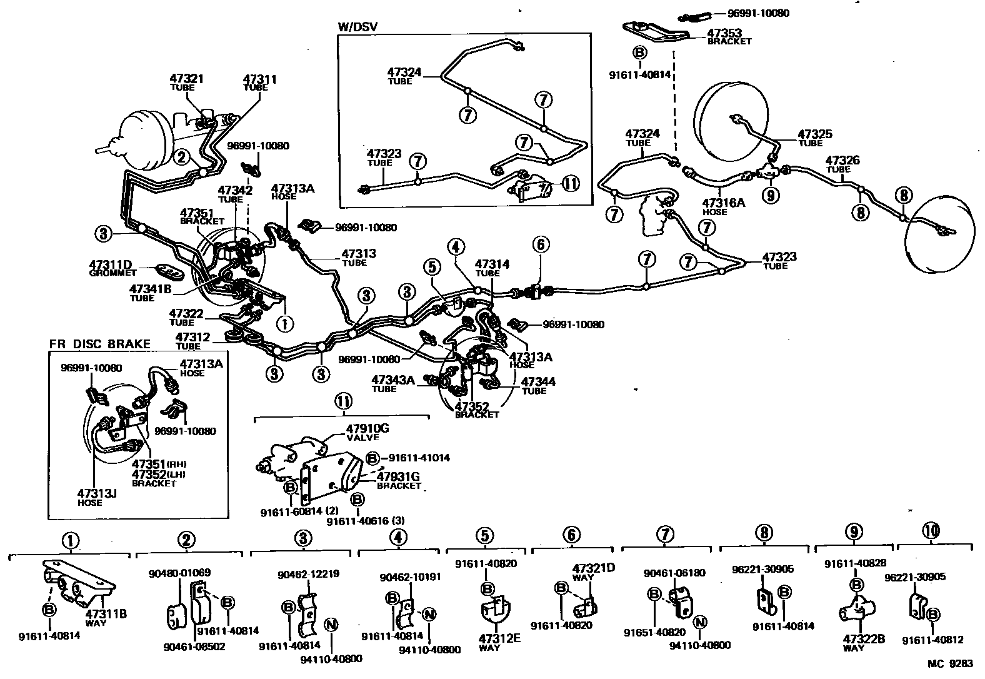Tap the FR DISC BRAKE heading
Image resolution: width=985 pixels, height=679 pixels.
click(100, 344)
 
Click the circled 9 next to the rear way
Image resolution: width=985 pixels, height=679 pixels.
click(770, 196)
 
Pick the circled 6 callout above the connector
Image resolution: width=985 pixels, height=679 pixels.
click(541, 245)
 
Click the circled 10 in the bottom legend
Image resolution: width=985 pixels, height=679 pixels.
click(930, 531)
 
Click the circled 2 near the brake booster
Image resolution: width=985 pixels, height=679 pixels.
click(182, 157)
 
